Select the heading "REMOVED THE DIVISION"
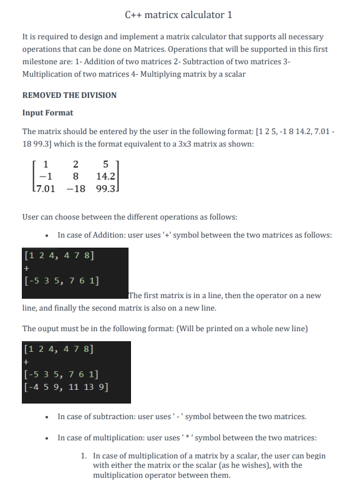pos(69,95)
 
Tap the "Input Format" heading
pos(47,113)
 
